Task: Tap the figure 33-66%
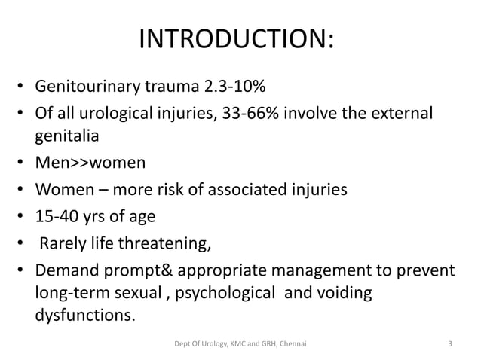256,115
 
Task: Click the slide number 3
449,346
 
